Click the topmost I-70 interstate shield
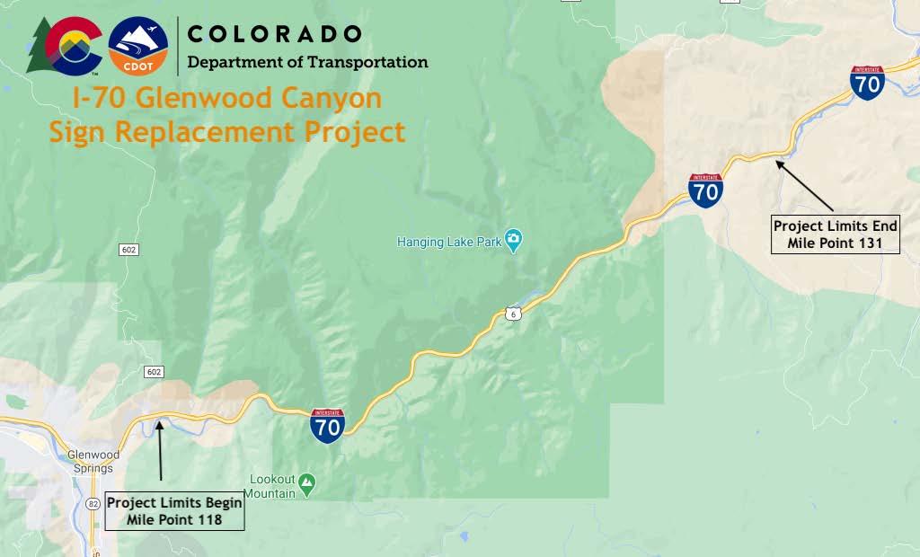point(867,83)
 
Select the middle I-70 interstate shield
point(706,191)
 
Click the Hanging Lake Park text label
point(449,242)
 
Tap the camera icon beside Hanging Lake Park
point(513,239)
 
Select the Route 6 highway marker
point(510,314)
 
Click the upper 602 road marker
point(128,249)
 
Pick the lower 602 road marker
point(152,371)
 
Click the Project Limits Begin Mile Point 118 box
point(174,511)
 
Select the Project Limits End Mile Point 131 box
point(836,234)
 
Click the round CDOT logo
point(137,47)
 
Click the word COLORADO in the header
point(274,34)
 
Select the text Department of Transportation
point(307,63)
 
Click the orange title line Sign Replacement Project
point(227,132)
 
